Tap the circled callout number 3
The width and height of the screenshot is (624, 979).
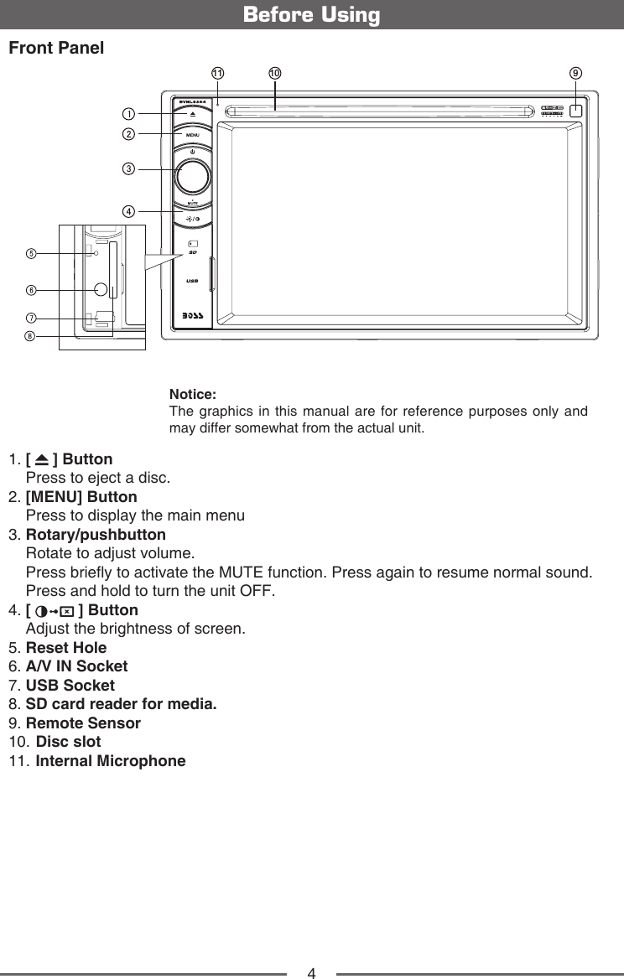click(129, 168)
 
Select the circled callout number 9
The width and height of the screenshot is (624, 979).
click(576, 74)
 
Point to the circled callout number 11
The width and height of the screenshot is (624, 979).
click(217, 74)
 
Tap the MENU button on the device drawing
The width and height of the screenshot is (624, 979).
click(192, 134)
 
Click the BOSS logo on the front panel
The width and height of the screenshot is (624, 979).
click(192, 318)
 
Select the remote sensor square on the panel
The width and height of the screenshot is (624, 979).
click(577, 110)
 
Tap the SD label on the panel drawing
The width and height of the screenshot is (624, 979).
click(192, 251)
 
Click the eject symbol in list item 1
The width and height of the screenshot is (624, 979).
click(42, 460)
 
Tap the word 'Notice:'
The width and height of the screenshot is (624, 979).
click(193, 394)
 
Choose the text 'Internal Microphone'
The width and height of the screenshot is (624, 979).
click(111, 762)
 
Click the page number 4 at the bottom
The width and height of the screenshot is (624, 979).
click(311, 973)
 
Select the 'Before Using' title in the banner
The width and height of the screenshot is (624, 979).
click(311, 15)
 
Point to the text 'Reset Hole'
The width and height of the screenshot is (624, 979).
click(66, 648)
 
